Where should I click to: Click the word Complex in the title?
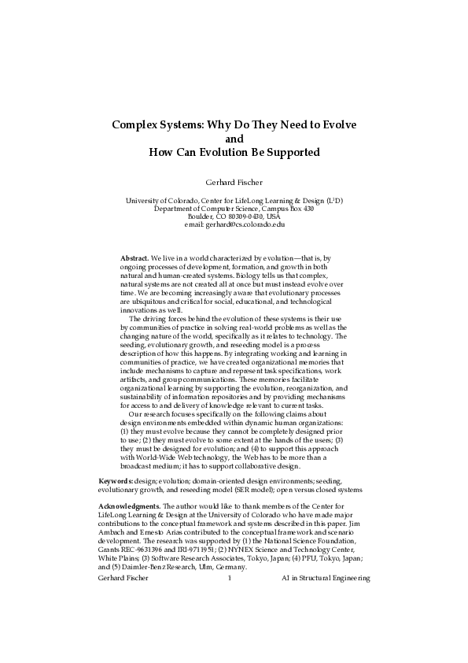coord(137,124)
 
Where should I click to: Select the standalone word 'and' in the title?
coord(234,138)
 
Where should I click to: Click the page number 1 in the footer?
coord(229,578)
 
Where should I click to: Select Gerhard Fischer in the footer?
coord(123,578)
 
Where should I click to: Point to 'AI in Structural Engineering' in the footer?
coord(325,578)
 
